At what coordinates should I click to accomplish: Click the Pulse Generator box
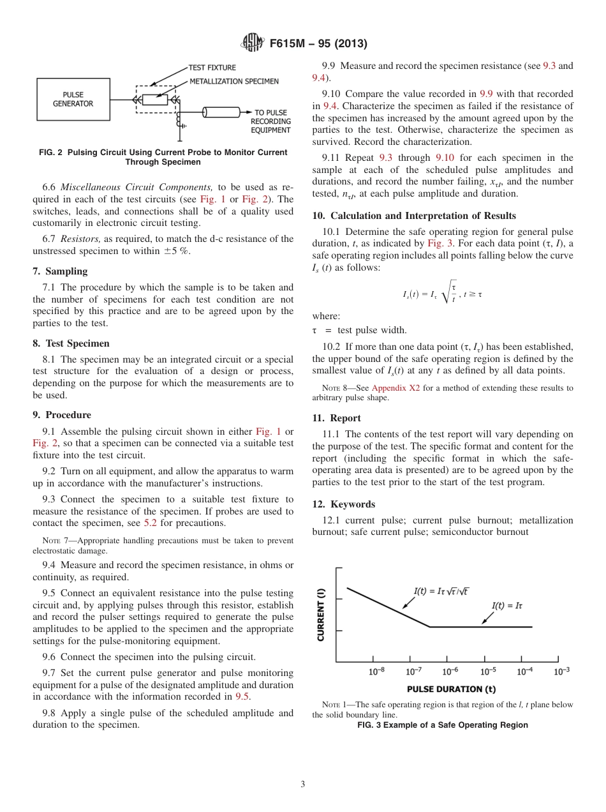click(x=73, y=99)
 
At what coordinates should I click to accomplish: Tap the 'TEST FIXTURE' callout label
click(x=212, y=68)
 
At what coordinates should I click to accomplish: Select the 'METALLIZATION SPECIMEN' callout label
click(x=233, y=82)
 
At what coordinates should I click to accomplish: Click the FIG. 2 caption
click(x=163, y=157)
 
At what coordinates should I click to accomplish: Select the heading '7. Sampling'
click(x=60, y=271)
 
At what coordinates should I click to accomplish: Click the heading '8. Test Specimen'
click(x=71, y=343)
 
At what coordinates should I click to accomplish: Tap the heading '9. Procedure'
click(x=62, y=415)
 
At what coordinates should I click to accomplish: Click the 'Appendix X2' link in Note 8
click(x=395, y=388)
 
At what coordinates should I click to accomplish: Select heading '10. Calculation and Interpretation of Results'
click(x=414, y=216)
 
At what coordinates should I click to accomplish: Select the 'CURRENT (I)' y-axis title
click(x=321, y=614)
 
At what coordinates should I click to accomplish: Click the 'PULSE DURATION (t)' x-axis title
click(x=451, y=689)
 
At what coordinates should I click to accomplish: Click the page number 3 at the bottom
click(x=302, y=785)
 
